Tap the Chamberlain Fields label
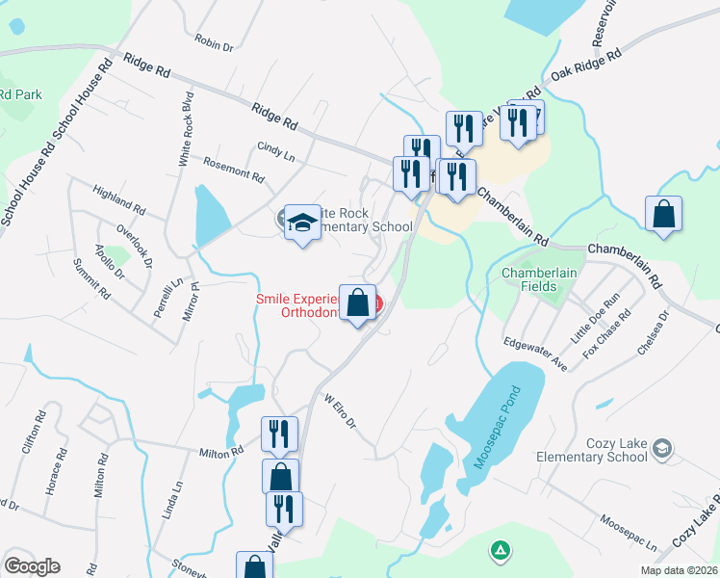point(539,279)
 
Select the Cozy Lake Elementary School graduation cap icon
point(661,447)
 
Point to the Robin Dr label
point(214,42)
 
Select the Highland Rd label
point(119,200)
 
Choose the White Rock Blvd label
point(185,130)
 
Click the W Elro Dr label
point(340,410)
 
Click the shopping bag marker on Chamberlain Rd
point(664,214)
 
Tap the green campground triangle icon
point(500,550)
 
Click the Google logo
point(32,566)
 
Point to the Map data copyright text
point(680,570)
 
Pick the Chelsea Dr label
point(653,332)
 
